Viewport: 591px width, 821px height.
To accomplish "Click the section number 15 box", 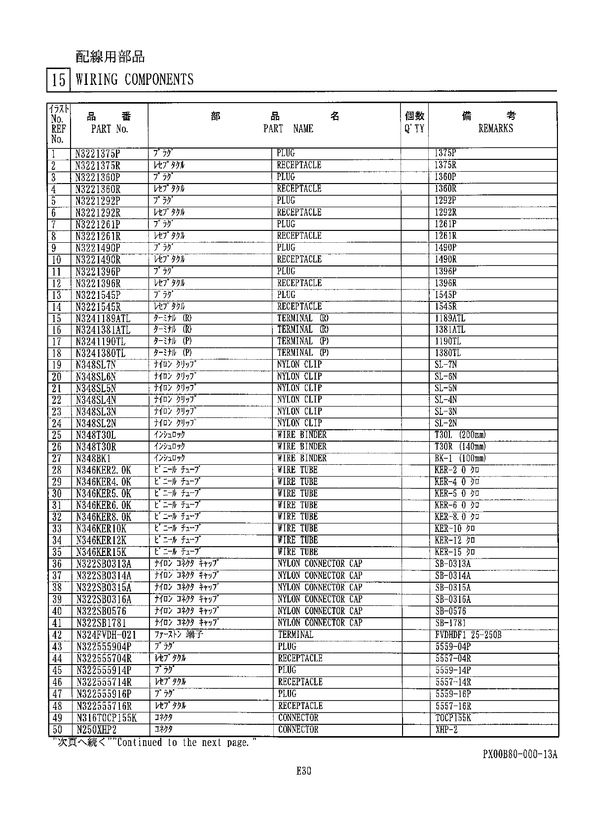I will click(x=59, y=80).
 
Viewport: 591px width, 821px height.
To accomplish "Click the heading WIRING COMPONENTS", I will click(x=134, y=79).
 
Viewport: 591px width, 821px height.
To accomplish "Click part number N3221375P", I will click(x=98, y=153).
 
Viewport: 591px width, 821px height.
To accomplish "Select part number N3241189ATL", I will click(x=103, y=318).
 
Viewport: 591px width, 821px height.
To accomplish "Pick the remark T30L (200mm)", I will click(x=460, y=435).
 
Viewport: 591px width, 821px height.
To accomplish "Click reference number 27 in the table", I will click(x=56, y=458).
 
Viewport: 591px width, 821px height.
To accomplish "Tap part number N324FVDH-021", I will click(x=106, y=635).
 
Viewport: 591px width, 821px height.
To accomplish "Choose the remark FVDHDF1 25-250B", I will click(x=468, y=635).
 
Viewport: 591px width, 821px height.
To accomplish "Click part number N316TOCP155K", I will click(x=107, y=718).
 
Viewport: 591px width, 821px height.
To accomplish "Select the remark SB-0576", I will click(x=450, y=611).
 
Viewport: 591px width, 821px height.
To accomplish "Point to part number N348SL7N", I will click(x=96, y=365).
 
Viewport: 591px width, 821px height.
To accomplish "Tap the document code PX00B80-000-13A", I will click(x=520, y=754).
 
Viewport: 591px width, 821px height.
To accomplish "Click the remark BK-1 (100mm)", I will click(x=460, y=458).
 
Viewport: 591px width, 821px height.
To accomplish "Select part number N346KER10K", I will click(x=101, y=529).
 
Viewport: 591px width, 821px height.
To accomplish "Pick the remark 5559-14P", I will click(x=453, y=671).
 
